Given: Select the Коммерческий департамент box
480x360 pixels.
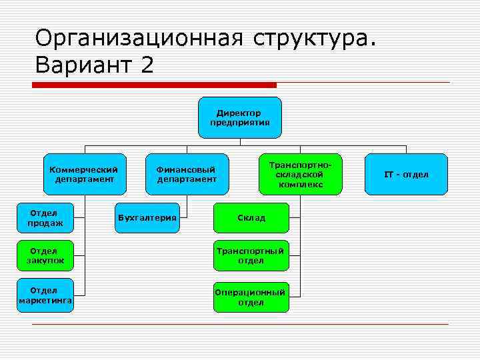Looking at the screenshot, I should point(84,174).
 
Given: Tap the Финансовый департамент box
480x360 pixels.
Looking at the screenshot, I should point(187,174).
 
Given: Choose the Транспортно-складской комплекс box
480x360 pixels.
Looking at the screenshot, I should point(300,174).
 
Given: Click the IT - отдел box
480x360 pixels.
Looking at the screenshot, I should point(406,174).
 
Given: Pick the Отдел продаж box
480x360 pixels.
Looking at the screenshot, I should point(46,217).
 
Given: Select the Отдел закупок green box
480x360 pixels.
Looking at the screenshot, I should point(46,255).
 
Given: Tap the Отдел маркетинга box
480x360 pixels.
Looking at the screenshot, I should point(46,295).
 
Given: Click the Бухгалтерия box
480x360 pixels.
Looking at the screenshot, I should point(147,217).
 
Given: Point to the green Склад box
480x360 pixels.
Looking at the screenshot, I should point(251,217).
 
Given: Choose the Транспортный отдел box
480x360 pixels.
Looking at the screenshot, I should point(251,255).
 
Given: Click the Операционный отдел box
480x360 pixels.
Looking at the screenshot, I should point(251,297).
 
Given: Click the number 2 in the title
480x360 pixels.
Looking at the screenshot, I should point(147,65).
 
